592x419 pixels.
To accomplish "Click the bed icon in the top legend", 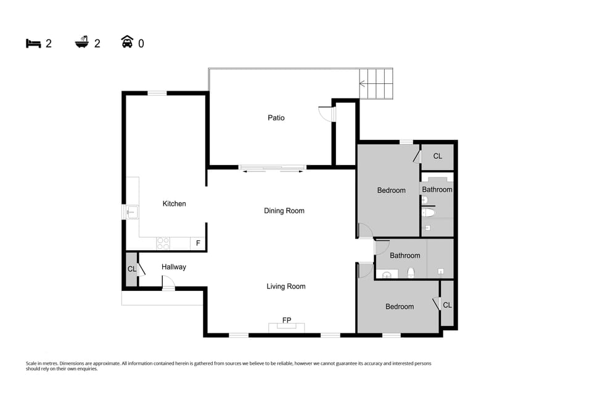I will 33,43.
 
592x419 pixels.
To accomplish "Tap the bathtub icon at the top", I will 81,43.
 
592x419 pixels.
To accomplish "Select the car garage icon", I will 127,43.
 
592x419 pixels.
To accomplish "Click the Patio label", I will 276,118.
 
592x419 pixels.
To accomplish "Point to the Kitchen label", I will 174,204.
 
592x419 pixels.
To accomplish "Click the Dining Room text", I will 284,211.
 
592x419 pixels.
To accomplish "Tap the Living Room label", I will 286,287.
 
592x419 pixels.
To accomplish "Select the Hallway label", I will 173,267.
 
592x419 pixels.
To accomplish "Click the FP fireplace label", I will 286,320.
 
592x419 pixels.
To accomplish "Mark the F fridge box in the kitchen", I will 198,243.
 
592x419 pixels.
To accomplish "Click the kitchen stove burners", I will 163,243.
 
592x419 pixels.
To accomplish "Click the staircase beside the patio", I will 376,84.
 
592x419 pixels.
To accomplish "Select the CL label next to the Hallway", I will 131,269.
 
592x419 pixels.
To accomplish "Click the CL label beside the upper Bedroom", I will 437,157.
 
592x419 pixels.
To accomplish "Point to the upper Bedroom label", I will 391,190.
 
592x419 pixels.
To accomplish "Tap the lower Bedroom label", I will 399,307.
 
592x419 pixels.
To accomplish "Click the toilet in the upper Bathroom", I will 429,213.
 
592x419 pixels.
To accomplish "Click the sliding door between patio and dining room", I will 273,167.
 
